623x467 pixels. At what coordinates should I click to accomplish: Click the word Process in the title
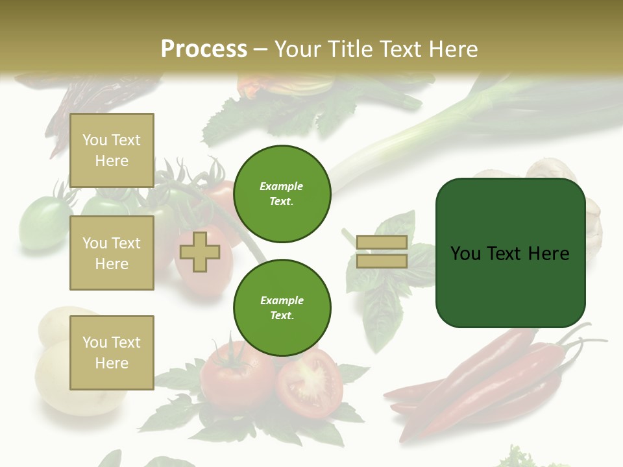pos(204,49)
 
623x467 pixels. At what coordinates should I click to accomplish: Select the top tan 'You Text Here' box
pos(112,150)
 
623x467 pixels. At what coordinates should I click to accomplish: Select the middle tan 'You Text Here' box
pos(112,253)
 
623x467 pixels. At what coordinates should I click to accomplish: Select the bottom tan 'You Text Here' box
pos(112,352)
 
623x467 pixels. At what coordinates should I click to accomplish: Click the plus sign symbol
pos(199,252)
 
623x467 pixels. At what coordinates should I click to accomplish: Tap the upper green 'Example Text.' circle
pos(282,194)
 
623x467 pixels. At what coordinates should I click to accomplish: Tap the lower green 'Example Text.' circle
pos(282,308)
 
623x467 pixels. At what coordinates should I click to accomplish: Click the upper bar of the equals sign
pos(382,243)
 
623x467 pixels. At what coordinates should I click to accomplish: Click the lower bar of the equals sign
pos(382,261)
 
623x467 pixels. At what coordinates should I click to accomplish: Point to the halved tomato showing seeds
pos(310,383)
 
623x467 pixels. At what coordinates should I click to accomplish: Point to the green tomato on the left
pos(43,224)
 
